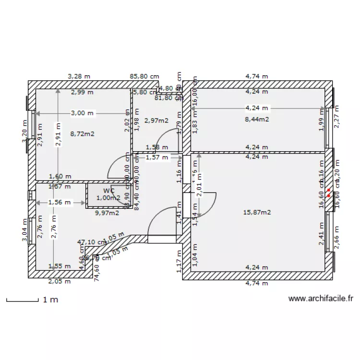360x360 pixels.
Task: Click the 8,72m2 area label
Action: (x=82, y=134)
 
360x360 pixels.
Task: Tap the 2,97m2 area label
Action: (x=156, y=120)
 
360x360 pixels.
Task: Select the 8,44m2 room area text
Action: (x=257, y=119)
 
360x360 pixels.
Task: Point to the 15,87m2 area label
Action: (x=257, y=212)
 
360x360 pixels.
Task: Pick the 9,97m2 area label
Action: (x=107, y=213)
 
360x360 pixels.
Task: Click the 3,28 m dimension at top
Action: (x=79, y=76)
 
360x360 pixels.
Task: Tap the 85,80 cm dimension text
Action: (x=144, y=76)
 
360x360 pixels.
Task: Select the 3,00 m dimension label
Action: (x=82, y=113)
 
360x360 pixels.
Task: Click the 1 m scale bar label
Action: (x=50, y=300)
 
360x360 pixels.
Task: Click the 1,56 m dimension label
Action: (x=60, y=203)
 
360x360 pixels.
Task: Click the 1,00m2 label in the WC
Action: (x=108, y=197)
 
